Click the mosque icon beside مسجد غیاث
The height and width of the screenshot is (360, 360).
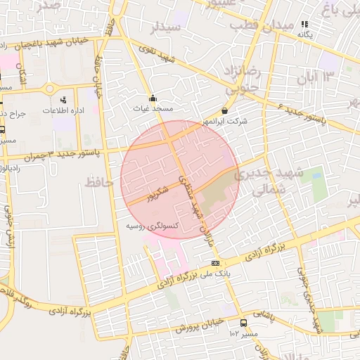click(x=153, y=98)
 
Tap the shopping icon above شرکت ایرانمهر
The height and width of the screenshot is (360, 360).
click(x=224, y=110)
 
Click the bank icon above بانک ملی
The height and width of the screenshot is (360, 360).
click(x=214, y=263)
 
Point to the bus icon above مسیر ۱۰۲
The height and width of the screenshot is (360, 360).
click(x=243, y=323)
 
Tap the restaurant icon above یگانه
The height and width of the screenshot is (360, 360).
click(x=304, y=24)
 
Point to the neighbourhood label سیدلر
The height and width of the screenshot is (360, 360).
click(x=166, y=27)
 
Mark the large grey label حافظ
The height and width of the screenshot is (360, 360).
click(x=98, y=183)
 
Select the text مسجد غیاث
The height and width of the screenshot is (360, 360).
click(x=153, y=109)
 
